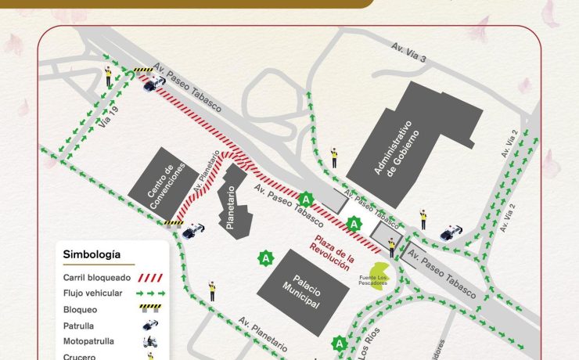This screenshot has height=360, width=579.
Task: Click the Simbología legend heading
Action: (92, 254)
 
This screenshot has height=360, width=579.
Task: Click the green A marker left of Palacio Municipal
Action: (266, 257)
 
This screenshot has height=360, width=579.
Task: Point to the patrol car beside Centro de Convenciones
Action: (193, 232)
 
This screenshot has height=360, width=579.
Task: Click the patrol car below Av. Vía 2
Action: (451, 232)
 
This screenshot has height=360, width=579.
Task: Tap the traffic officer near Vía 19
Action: (110, 77)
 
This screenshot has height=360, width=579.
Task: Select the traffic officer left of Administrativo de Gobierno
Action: (334, 157)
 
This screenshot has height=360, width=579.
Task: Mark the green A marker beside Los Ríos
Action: (339, 343)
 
